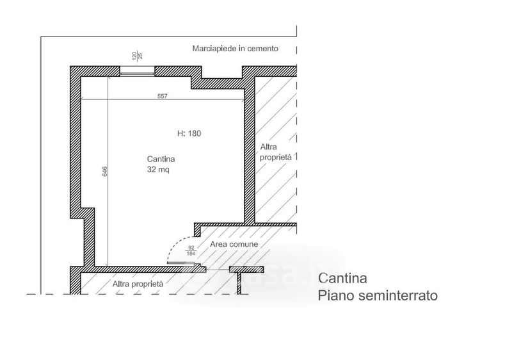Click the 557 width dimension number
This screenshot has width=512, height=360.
162,96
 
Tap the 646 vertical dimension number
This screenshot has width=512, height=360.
104,172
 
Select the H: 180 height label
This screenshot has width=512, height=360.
189,134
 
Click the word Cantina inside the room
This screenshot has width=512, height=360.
161,160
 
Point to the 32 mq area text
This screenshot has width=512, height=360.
157,170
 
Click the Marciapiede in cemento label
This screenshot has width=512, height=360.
235,49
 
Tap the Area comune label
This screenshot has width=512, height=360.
234,245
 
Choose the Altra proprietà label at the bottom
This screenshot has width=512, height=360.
138,283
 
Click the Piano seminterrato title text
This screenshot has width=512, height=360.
378,297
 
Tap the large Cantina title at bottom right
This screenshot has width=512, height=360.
342,279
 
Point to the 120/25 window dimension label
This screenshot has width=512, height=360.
136,56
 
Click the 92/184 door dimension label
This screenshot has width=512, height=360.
190,250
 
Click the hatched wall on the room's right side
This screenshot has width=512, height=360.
250,154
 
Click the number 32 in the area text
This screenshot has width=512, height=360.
151,170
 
